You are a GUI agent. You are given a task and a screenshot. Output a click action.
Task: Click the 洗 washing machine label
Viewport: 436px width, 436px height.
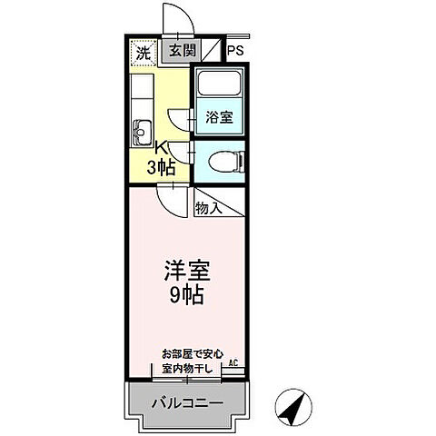[143, 53]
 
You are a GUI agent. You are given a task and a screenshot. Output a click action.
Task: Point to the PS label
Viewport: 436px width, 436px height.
[235, 51]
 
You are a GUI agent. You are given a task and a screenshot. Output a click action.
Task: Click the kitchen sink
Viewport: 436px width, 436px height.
[142, 132]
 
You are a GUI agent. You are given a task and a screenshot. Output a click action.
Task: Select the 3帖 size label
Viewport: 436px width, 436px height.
[162, 167]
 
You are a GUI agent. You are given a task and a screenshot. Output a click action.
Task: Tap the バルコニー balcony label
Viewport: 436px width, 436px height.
[187, 401]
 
